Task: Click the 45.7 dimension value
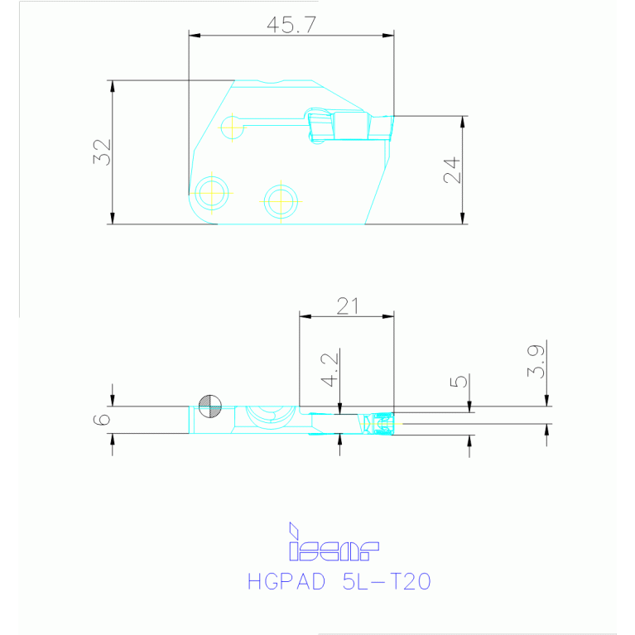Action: click(x=291, y=25)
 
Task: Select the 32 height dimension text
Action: click(x=101, y=152)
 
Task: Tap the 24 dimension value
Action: click(x=450, y=170)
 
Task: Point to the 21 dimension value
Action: click(x=347, y=305)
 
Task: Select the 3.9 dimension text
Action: click(x=536, y=363)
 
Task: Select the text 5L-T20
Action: click(x=386, y=582)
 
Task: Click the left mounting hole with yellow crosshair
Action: click(x=212, y=192)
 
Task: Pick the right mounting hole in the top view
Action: click(x=280, y=200)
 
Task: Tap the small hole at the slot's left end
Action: click(x=233, y=127)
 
